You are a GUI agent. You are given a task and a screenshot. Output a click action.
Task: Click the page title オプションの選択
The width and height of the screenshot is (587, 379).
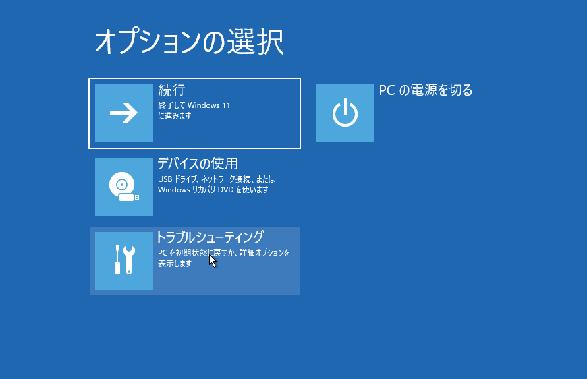click(190, 42)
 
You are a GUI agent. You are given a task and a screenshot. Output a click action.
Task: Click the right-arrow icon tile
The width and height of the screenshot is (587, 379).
click(124, 113)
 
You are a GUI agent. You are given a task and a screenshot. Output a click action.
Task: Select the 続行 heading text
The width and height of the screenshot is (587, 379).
click(172, 90)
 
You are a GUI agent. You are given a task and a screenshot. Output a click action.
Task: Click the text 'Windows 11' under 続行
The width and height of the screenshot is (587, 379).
click(209, 105)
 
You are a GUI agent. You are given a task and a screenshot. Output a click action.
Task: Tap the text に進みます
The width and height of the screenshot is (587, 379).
click(175, 116)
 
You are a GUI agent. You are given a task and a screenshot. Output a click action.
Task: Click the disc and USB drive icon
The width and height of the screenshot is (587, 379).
click(124, 187)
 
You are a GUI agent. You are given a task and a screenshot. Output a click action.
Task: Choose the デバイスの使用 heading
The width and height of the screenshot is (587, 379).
click(198, 163)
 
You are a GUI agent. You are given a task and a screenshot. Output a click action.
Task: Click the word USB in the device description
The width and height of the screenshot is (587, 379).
click(165, 179)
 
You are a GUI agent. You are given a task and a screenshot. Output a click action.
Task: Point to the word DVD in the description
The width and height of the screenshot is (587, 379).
click(225, 190)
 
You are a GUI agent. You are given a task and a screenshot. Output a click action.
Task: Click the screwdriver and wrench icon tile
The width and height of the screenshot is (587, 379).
click(124, 260)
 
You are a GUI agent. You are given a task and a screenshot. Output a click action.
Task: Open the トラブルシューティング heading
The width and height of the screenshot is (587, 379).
click(210, 237)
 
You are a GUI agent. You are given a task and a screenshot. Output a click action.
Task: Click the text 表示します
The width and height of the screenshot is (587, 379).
click(175, 264)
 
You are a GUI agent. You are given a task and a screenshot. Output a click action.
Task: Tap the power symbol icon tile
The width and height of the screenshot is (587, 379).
click(345, 113)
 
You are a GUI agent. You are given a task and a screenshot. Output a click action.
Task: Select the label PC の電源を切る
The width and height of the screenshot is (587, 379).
click(426, 90)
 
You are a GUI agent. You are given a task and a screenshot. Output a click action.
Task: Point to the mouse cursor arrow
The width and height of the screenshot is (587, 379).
click(212, 260)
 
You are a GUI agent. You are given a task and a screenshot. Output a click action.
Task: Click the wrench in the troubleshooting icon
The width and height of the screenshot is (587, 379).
click(129, 259)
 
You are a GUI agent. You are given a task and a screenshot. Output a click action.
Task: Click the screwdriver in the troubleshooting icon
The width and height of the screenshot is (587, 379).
click(117, 259)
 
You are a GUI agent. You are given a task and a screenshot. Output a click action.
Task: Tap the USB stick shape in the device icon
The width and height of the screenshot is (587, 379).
click(128, 197)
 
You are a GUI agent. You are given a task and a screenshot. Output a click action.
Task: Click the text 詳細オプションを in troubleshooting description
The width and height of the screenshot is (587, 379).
click(265, 253)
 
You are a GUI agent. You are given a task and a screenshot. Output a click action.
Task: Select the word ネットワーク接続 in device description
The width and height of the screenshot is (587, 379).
click(226, 179)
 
